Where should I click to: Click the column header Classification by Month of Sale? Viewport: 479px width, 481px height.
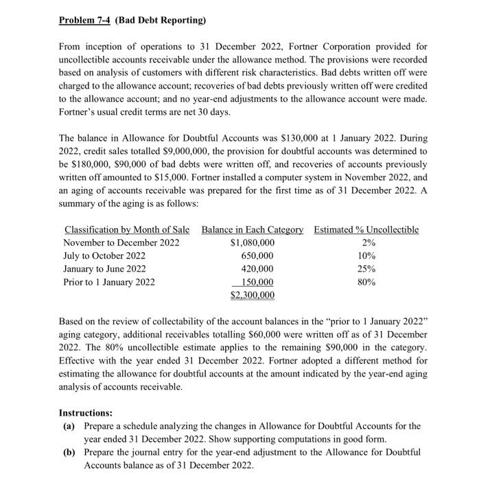[127, 230]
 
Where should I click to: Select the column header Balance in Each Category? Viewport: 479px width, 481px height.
[253, 230]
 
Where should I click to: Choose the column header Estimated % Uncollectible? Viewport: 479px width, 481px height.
[366, 230]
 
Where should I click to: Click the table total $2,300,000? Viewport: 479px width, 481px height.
[252, 295]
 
